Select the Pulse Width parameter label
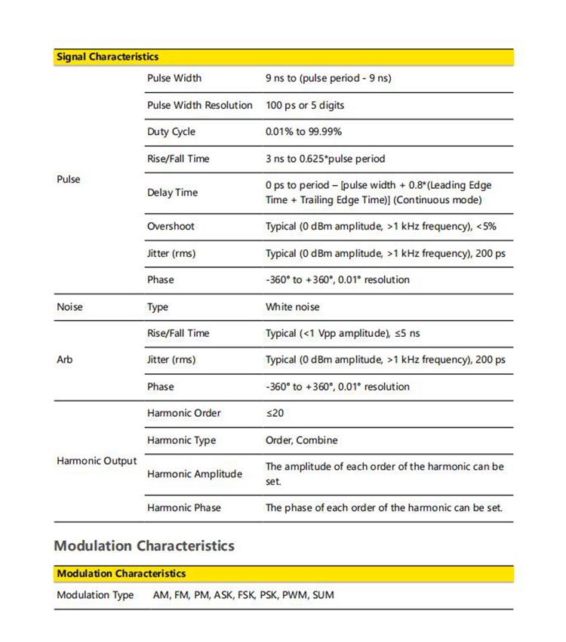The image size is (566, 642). point(174,78)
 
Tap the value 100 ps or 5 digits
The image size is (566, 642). point(305,105)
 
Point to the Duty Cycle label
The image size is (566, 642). point(171,131)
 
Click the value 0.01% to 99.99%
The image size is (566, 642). point(303,131)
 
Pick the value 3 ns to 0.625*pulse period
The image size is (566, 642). point(325,159)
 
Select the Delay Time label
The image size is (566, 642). point(172,193)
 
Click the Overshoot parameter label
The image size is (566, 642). point(171,226)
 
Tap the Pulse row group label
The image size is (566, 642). point(68,179)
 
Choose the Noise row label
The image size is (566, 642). point(70,307)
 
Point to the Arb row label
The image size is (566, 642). point(65,360)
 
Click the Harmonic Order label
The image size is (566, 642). point(184,413)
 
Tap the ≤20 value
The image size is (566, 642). point(275,413)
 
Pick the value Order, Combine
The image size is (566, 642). point(301,440)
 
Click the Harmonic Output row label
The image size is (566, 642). point(97,461)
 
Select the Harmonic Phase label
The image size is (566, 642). point(184,508)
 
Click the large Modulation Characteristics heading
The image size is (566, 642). point(144,545)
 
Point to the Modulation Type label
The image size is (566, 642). point(95,594)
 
